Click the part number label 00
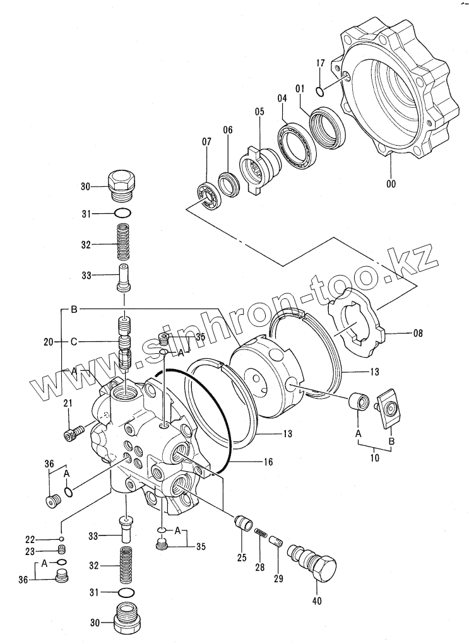(x=391, y=184)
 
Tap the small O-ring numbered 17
(x=321, y=93)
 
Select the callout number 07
(x=206, y=143)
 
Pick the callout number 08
(x=400, y=333)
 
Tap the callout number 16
(x=268, y=462)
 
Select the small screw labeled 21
(x=73, y=433)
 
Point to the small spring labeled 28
(x=259, y=534)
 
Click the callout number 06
(x=227, y=130)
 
